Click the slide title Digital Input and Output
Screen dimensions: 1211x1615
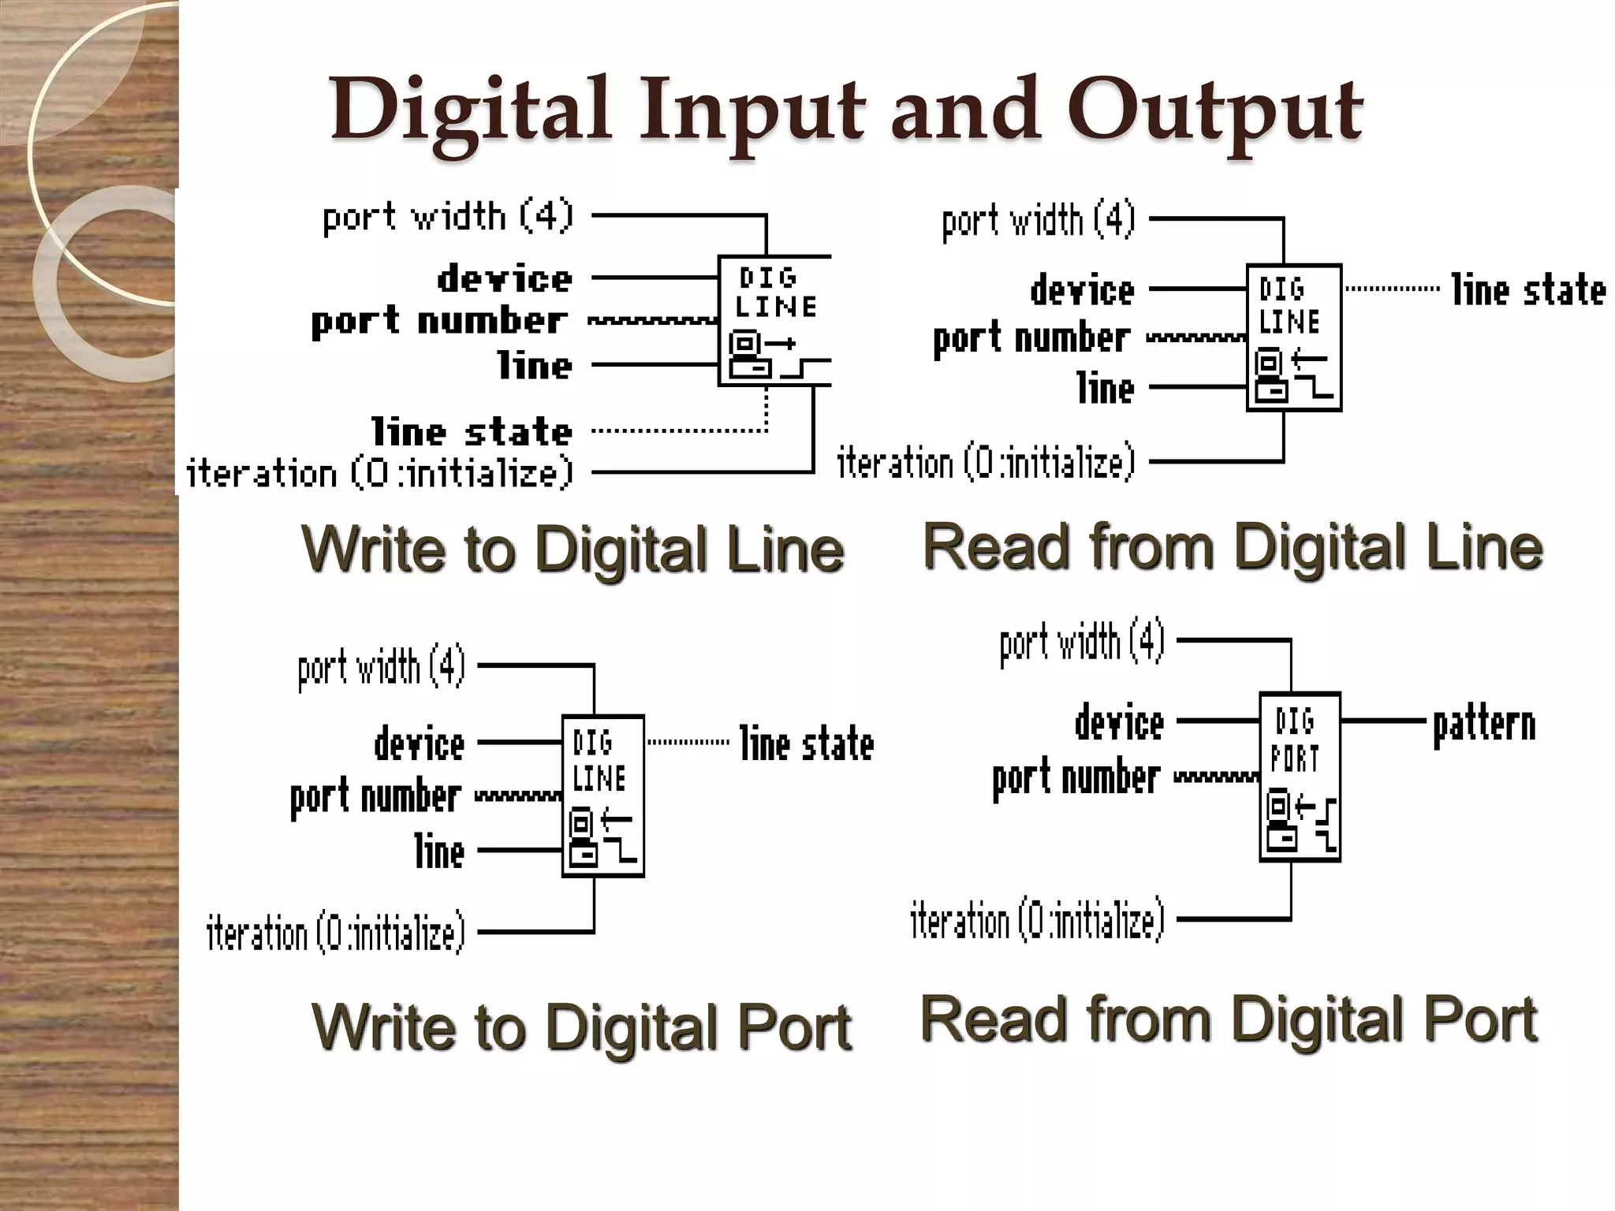pyautogui.click(x=845, y=110)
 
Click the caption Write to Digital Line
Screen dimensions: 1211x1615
pyautogui.click(x=573, y=549)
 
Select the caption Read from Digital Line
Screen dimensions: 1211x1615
pyautogui.click(x=1232, y=546)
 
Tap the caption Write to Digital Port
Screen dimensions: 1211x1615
pyautogui.click(x=581, y=1027)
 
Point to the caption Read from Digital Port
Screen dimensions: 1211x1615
pyautogui.click(x=1229, y=1019)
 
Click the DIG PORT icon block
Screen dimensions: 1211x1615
pyautogui.click(x=1300, y=777)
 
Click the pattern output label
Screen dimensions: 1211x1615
pyautogui.click(x=1484, y=725)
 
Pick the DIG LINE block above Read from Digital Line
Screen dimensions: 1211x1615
pyautogui.click(x=1293, y=337)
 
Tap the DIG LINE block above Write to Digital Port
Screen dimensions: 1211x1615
pyautogui.click(x=602, y=796)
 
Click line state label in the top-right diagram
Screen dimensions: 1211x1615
pyautogui.click(x=1527, y=290)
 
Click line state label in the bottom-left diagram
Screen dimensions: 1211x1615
pyautogui.click(x=807, y=743)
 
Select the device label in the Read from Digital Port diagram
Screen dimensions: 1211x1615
pyautogui.click(x=1119, y=723)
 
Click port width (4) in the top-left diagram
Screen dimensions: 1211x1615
pyautogui.click(x=448, y=216)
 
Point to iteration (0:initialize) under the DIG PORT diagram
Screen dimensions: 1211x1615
pyautogui.click(x=1037, y=919)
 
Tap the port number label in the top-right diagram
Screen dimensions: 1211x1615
pyautogui.click(x=1031, y=339)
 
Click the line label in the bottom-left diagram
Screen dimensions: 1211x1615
pyautogui.click(x=440, y=851)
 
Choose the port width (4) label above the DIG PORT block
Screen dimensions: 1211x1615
pyautogui.click(x=1082, y=643)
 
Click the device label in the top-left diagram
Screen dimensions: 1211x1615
pyautogui.click(x=505, y=279)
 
